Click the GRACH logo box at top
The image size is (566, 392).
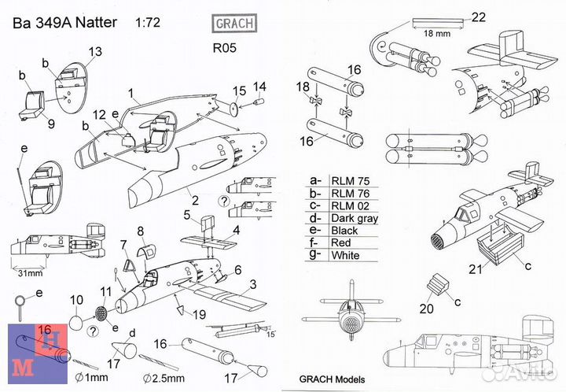(x=234, y=23)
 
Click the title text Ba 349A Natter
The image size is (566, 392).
(x=63, y=23)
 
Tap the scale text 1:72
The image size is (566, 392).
(x=149, y=23)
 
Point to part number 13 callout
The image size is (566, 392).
(x=94, y=52)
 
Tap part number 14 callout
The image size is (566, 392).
(x=259, y=86)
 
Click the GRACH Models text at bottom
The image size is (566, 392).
(x=333, y=377)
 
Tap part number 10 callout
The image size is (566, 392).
(x=76, y=300)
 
